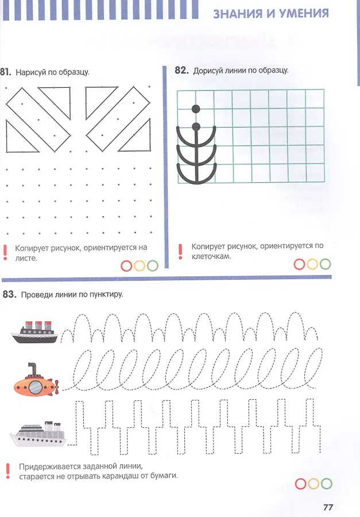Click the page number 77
coord(328,507)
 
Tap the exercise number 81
coord(6,72)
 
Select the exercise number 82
coord(181,70)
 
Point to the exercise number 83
coord(9,294)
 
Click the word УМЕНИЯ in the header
coord(304,13)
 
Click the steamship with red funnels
coord(34,331)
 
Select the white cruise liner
coord(37,434)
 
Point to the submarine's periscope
coord(32,369)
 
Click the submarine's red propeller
coord(57,387)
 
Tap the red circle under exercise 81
coord(126,266)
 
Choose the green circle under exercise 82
coord(325,264)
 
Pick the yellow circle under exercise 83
coord(313,484)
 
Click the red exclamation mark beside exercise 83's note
coord(8,471)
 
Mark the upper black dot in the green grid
coord(196,109)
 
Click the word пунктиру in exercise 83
coord(106,295)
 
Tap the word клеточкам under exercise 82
coord(211,256)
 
